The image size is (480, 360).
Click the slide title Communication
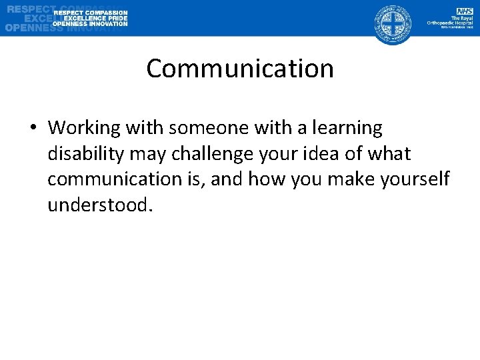pos(240,69)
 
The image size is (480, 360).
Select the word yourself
pos(416,179)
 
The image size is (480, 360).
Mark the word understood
pos(101,205)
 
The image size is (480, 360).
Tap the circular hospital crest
pos(393,23)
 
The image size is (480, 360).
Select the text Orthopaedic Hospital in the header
pos(450,22)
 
